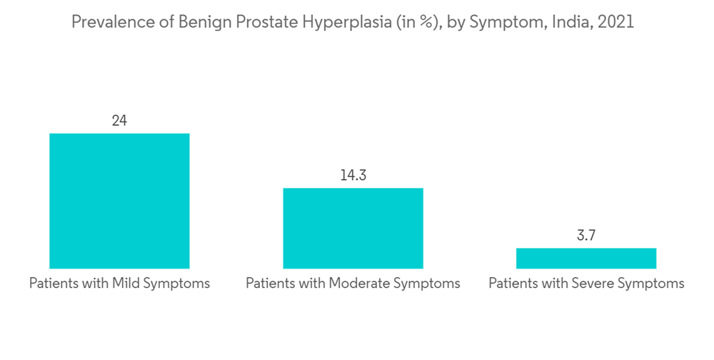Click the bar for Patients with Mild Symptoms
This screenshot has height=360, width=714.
[119, 201]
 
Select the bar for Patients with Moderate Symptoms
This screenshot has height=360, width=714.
[353, 228]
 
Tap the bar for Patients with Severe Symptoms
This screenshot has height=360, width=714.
[586, 258]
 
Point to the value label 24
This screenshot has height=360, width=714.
[119, 121]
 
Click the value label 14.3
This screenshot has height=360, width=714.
[353, 175]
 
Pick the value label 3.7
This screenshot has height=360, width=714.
[586, 236]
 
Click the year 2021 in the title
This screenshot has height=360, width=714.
[615, 22]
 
